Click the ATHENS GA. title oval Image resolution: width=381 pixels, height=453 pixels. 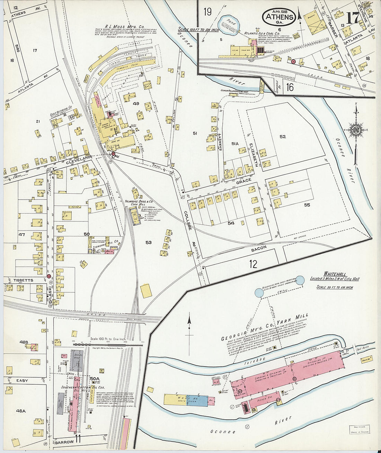tap(279, 17)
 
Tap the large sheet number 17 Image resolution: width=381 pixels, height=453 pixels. tap(353, 18)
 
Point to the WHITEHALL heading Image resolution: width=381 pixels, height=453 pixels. tap(335, 274)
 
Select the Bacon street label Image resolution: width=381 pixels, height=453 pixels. tap(259, 248)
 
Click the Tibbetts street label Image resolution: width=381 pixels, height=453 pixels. tap(24, 280)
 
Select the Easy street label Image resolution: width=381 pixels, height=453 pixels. tap(22, 380)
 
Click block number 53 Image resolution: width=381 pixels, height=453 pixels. tap(148, 242)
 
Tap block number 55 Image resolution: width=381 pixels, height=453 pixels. tap(307, 205)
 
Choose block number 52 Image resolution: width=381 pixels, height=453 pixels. tap(283, 136)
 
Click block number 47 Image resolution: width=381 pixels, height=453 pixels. tap(22, 235)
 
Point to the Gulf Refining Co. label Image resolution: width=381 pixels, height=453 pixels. tap(61, 107)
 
